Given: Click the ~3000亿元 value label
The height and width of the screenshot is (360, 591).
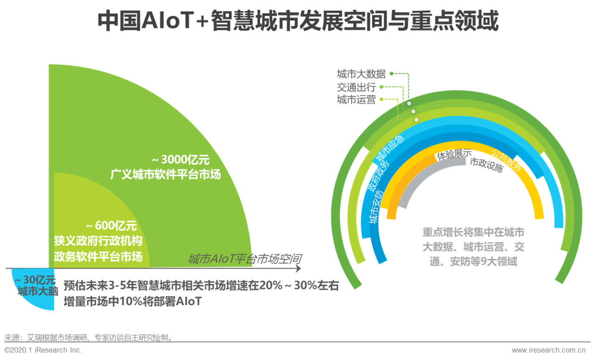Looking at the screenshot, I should coord(181,160).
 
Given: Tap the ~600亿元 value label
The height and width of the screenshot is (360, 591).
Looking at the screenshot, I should coord(111,226).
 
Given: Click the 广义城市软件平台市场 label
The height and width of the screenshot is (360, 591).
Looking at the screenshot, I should coord(165,175).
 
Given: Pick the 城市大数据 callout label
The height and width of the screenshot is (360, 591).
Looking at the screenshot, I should coord(361,74).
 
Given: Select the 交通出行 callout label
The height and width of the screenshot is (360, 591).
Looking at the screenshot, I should coord(356,87).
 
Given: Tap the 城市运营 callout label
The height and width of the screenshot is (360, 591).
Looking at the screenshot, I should coord(356,100).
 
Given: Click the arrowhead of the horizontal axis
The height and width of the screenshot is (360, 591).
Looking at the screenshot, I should coord(298,268).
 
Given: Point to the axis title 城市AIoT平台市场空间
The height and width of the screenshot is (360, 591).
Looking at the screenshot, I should coord(245,259).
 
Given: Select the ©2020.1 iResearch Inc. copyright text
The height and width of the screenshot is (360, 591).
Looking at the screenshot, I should coord(43,350).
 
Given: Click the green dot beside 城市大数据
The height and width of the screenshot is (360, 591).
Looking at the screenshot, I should coord(392,73).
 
